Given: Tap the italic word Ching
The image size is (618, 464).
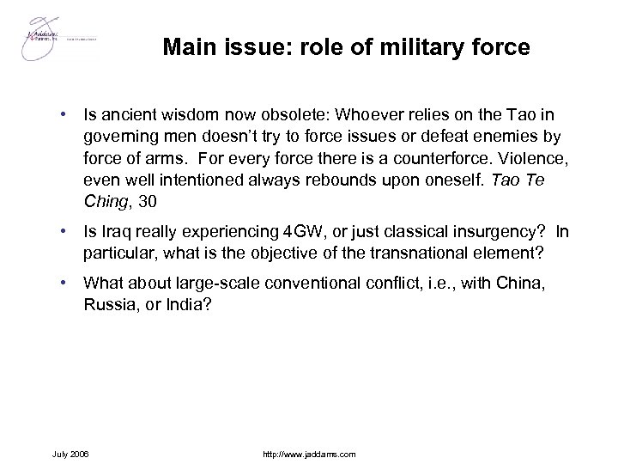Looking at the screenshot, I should click(104, 202).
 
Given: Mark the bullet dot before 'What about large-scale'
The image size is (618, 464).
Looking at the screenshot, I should click(64, 284).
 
